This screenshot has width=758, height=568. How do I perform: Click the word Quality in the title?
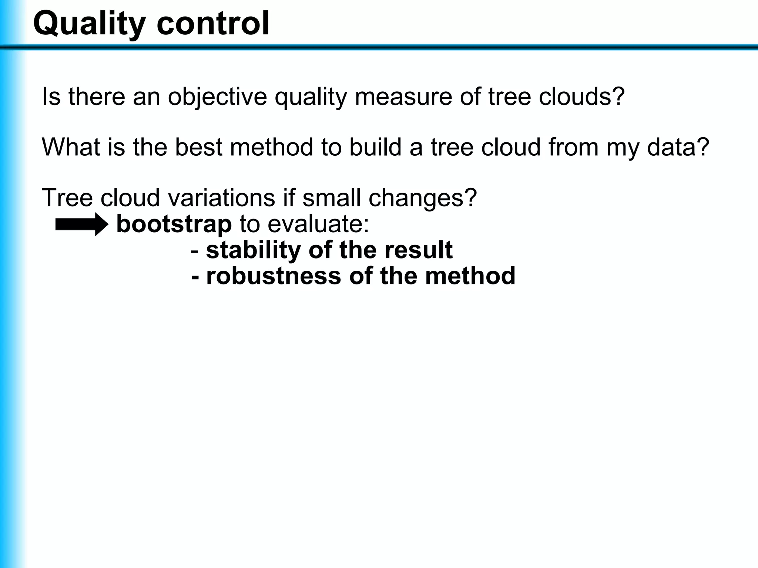[x=89, y=24]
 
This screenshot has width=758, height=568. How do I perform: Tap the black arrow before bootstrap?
[x=81, y=224]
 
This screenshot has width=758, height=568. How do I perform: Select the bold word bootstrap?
[x=174, y=224]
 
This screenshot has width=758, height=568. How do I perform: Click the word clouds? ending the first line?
[x=581, y=97]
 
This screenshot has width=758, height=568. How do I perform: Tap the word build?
[x=375, y=147]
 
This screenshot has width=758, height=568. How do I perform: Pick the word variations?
[x=222, y=198]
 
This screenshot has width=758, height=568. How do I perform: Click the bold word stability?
[x=254, y=250]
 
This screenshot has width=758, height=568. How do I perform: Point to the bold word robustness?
[x=274, y=276]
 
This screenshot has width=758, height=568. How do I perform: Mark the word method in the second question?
[x=271, y=147]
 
